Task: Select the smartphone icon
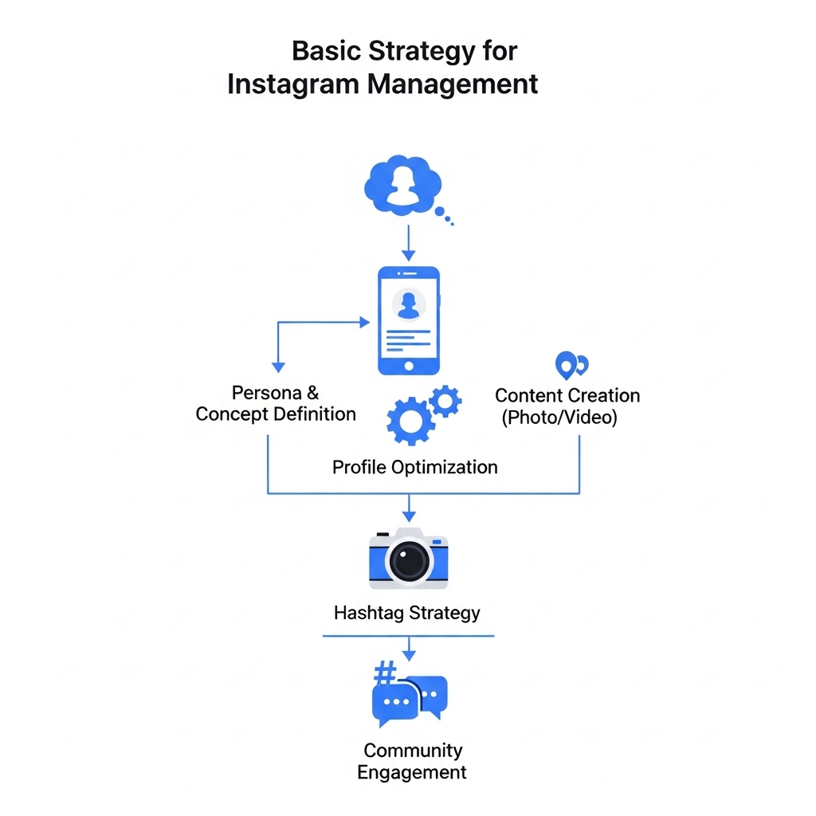pyautogui.click(x=408, y=320)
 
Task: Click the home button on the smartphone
pyautogui.click(x=409, y=366)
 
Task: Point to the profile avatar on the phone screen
pyautogui.click(x=409, y=304)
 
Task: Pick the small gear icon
pyautogui.click(x=445, y=400)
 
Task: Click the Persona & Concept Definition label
pyautogui.click(x=276, y=403)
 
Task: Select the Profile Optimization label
pyautogui.click(x=414, y=468)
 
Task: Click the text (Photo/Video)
pyautogui.click(x=559, y=417)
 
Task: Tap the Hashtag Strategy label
pyautogui.click(x=407, y=613)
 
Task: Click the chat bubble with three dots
pyautogui.click(x=396, y=702)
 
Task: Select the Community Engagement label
pyautogui.click(x=412, y=761)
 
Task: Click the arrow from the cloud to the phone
pyautogui.click(x=408, y=242)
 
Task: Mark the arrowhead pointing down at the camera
pyautogui.click(x=409, y=517)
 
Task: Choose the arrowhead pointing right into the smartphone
pyautogui.click(x=365, y=322)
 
